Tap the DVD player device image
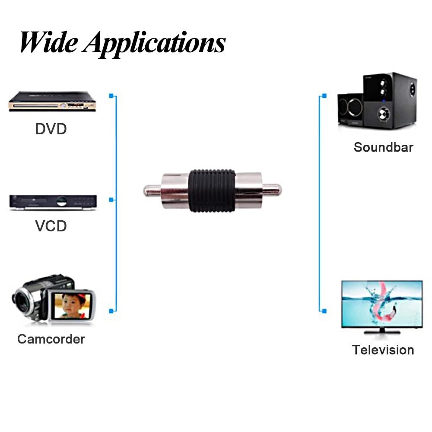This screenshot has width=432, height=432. coord(52,102)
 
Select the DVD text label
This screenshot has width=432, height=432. coord(51,128)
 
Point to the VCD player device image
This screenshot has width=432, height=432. coord(53,202)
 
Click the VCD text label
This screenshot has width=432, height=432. coord(51,226)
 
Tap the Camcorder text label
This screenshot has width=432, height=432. coord(51,339)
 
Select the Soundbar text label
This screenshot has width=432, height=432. coord(383,147)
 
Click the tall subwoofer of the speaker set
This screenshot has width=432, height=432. coord(390,100)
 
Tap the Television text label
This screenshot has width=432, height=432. coord(383,349)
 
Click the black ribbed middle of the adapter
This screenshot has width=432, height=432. coord(212,190)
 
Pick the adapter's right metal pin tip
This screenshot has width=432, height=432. coord(276,189)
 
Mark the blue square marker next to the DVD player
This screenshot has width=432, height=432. coord(111,95)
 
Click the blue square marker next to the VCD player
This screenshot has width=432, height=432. coord(111,200)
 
